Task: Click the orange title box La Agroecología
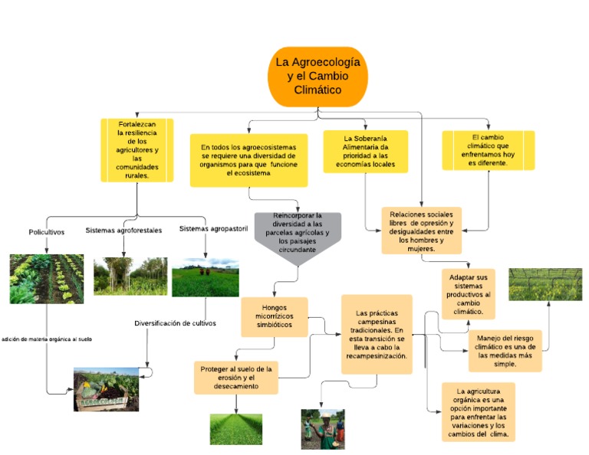coord(318,77)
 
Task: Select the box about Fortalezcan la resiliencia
coord(137,149)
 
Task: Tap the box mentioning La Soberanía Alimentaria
coord(365,151)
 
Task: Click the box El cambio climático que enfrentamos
coord(488,150)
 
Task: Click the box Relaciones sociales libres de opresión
coord(421,231)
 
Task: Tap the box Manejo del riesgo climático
coord(505,350)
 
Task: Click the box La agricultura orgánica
coord(478,411)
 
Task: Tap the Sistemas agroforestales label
coord(123,230)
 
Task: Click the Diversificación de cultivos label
coord(175,323)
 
